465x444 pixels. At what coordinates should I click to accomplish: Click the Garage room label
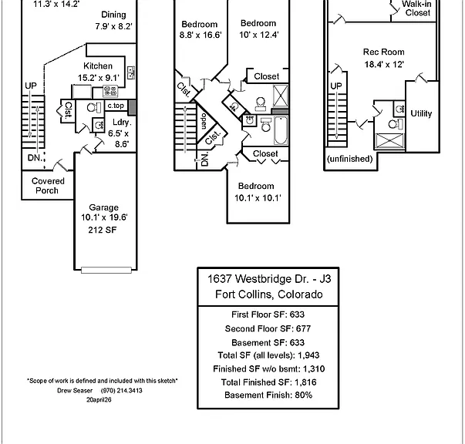[x=103, y=207]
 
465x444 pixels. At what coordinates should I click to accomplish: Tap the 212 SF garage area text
[x=103, y=230]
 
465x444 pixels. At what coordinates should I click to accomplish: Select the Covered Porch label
[x=48, y=186]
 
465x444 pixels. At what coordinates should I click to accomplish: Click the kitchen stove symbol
[x=110, y=91]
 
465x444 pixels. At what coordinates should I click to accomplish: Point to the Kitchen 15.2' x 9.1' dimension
[x=99, y=78]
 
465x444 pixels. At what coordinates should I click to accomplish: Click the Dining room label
[x=113, y=15]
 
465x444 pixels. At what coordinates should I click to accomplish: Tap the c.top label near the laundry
[x=116, y=106]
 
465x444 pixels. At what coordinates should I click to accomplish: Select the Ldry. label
[x=122, y=122]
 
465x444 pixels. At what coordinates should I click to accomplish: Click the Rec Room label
[x=384, y=52]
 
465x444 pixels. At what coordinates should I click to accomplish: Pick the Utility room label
[x=421, y=113]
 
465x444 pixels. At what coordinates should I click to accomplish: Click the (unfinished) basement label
[x=349, y=159]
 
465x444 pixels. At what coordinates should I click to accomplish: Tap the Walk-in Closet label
[x=417, y=8]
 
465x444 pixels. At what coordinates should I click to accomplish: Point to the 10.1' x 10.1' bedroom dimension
[x=258, y=198]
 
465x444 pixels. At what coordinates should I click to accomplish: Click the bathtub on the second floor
[x=280, y=131]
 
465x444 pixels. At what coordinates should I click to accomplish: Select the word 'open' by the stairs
[x=204, y=121]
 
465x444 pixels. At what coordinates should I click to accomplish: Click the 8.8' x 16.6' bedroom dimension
[x=200, y=35]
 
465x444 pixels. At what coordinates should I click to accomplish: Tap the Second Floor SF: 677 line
[x=268, y=328]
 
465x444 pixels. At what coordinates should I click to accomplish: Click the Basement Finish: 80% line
[x=268, y=395]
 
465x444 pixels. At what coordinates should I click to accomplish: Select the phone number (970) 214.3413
[x=122, y=391]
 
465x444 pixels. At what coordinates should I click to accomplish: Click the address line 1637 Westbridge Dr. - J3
[x=269, y=279]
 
